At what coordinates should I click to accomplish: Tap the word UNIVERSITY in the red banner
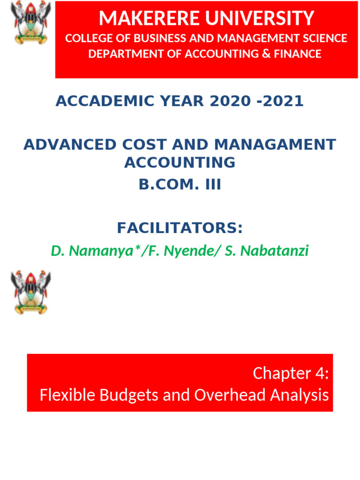(x=261, y=19)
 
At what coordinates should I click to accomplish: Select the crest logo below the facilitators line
(x=31, y=292)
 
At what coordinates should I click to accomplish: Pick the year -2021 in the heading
(x=281, y=101)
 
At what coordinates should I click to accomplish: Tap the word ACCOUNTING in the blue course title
(x=180, y=163)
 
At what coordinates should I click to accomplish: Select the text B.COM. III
(x=180, y=185)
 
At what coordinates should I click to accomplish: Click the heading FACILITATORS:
(x=180, y=228)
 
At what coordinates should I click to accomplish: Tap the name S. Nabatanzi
(x=267, y=251)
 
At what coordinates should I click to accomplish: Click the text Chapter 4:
(x=291, y=374)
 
